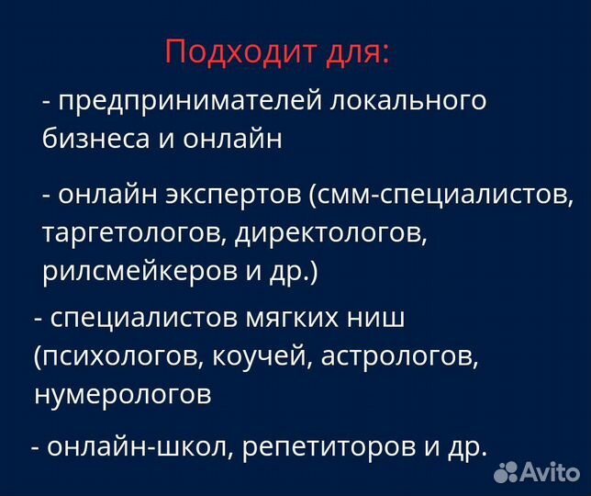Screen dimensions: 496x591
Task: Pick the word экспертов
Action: click(x=234, y=196)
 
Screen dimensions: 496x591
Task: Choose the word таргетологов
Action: click(x=134, y=233)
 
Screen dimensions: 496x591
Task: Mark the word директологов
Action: click(x=330, y=233)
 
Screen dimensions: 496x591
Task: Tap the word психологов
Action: click(x=111, y=356)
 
